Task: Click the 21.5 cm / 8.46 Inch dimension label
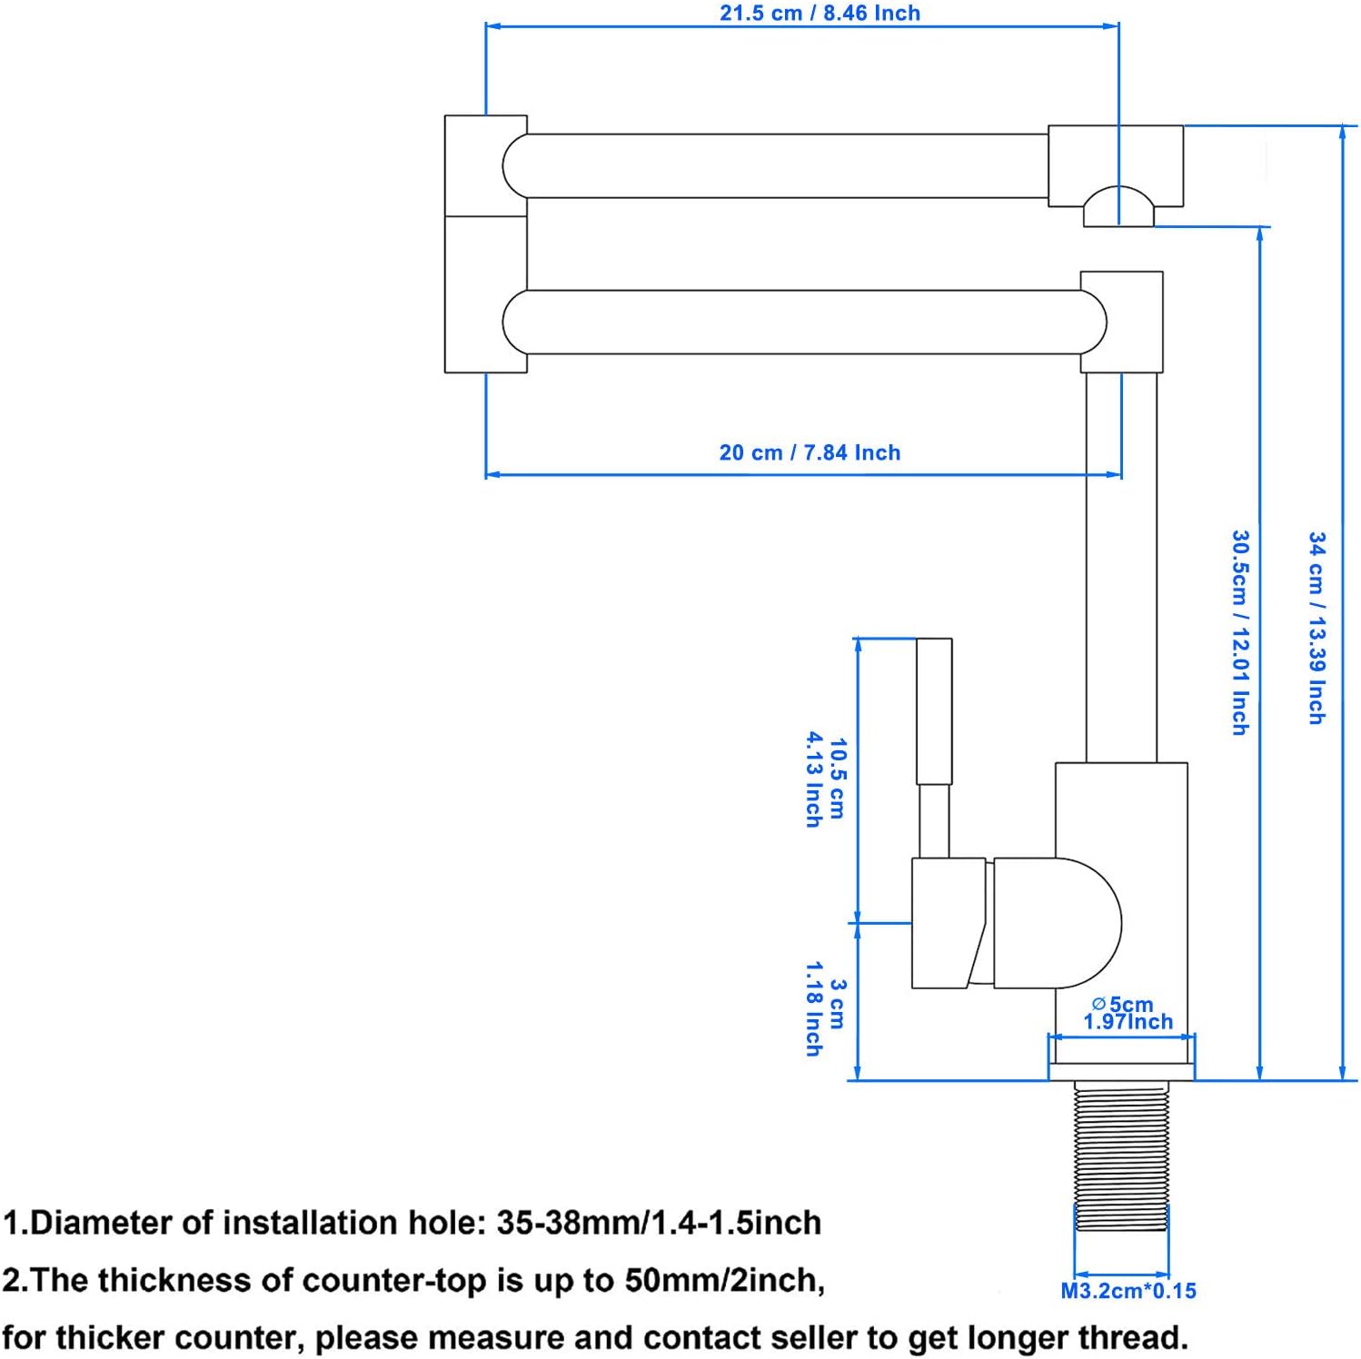(x=820, y=13)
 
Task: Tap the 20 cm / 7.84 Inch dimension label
(x=810, y=452)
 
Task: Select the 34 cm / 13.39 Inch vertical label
(x=1316, y=628)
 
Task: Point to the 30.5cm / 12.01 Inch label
(x=1240, y=632)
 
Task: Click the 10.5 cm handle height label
(x=826, y=779)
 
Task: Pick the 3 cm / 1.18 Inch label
(x=826, y=1017)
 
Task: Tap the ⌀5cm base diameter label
(x=1128, y=1013)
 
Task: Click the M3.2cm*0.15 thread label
(x=1128, y=1291)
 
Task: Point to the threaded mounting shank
(x=1121, y=1156)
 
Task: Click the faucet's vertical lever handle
(x=934, y=748)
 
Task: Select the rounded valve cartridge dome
(x=1058, y=923)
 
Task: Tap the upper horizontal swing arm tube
(x=787, y=165)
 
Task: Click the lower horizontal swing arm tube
(x=804, y=322)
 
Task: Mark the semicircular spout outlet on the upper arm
(x=1118, y=205)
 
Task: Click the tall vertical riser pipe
(x=1122, y=567)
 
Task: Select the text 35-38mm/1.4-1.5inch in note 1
(x=659, y=1223)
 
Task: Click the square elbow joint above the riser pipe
(x=1121, y=322)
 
